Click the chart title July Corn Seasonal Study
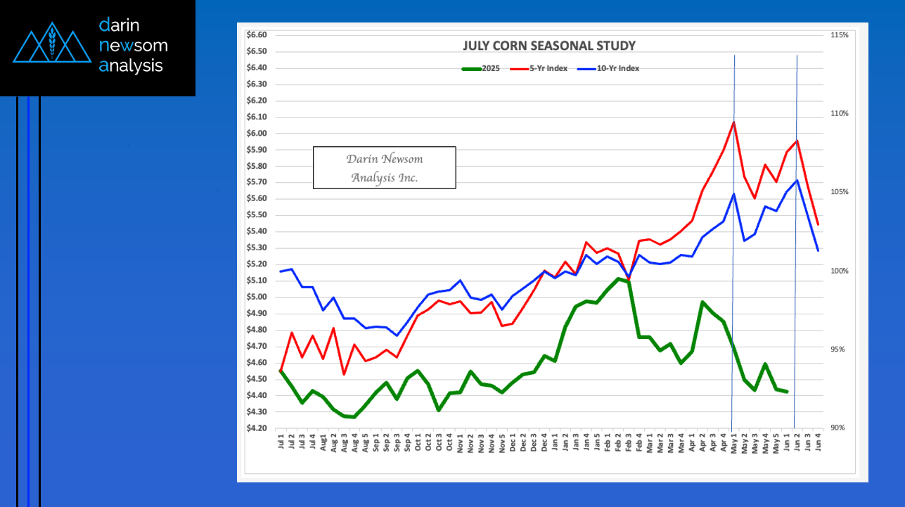[x=548, y=46]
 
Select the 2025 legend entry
[x=481, y=68]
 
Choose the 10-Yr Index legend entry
[x=608, y=68]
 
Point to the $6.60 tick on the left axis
[x=257, y=35]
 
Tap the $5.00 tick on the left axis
[x=257, y=297]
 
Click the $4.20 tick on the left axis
[x=257, y=428]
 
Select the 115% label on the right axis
[x=840, y=35]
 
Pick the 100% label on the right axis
[x=840, y=271]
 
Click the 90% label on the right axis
[x=840, y=428]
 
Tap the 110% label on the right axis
[x=840, y=113]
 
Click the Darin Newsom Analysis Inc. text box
[x=384, y=167]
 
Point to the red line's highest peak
[x=734, y=122]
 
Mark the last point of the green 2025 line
[x=787, y=392]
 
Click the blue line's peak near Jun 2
[x=797, y=180]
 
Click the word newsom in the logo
[x=134, y=46]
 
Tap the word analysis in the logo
[x=131, y=66]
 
